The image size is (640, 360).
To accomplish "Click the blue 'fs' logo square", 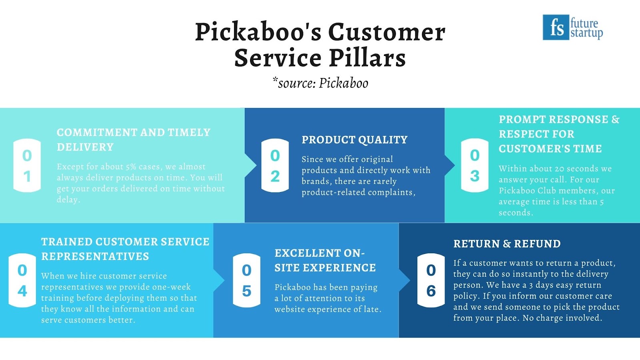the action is point(556,28).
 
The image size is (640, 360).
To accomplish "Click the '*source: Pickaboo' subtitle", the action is point(320,83).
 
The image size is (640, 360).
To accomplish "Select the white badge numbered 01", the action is point(27,166).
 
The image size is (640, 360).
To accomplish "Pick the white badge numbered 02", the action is point(275,166).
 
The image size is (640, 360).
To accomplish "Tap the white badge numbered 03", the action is point(474,165).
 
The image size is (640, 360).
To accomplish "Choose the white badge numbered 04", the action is point(22,280).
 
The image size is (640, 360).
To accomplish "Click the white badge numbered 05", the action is point(246,280).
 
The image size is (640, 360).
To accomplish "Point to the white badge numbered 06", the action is point(431,280).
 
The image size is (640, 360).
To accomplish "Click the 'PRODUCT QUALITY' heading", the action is point(354,140).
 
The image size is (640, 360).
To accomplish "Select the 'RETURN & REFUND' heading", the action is point(507,244).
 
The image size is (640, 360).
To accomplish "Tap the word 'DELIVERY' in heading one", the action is point(85,147).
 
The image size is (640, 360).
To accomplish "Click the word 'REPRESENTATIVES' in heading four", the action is point(95,256).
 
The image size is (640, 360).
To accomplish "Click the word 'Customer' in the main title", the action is point(387,32).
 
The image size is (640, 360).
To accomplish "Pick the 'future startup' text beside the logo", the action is point(586,28).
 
